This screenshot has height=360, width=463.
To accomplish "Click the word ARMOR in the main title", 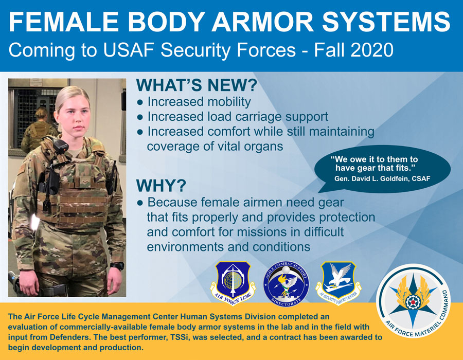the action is (x=262, y=22).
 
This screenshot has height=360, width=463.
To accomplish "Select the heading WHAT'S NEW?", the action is (x=197, y=85).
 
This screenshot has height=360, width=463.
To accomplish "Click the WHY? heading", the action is (x=161, y=186).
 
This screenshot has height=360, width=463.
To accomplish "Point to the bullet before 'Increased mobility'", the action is (x=140, y=102).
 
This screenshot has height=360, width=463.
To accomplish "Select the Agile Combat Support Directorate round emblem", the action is (x=286, y=284).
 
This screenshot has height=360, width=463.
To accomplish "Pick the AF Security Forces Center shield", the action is (x=339, y=282).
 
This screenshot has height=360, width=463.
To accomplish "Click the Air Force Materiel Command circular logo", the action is (x=413, y=301).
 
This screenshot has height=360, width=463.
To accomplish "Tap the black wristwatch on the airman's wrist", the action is (x=117, y=265).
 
